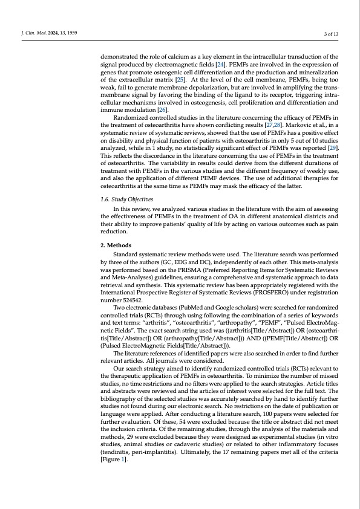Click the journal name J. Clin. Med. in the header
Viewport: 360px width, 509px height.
pos(31,32)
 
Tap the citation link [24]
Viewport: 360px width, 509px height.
pos(221,63)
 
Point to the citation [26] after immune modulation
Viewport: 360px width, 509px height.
pos(162,111)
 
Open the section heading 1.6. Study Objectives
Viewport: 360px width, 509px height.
pos(126,198)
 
